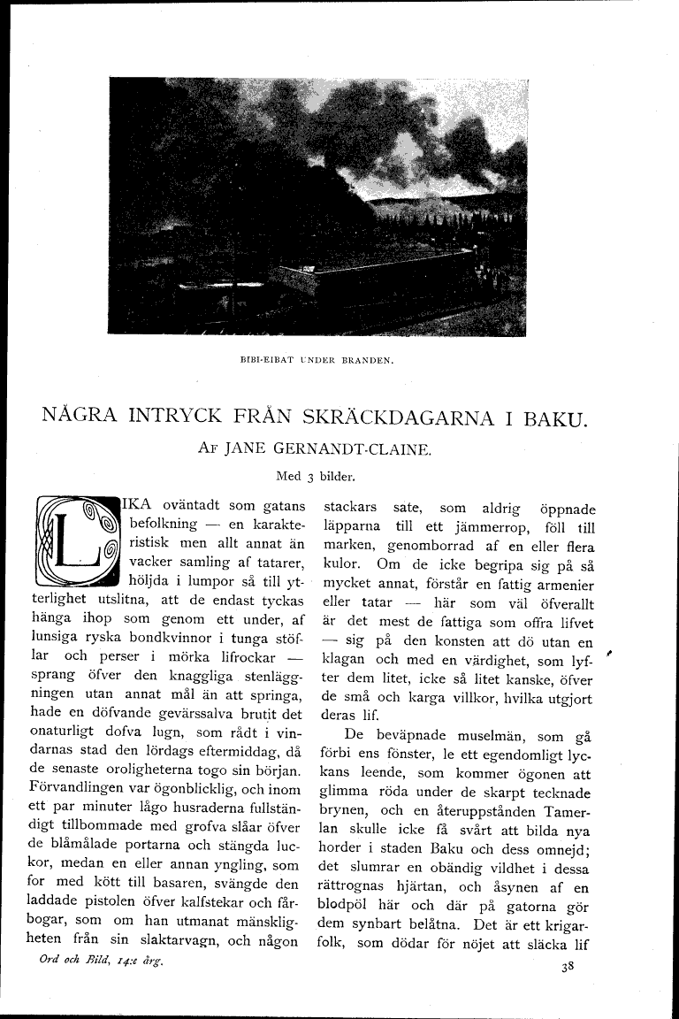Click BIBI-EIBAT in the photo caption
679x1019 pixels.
(264, 361)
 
